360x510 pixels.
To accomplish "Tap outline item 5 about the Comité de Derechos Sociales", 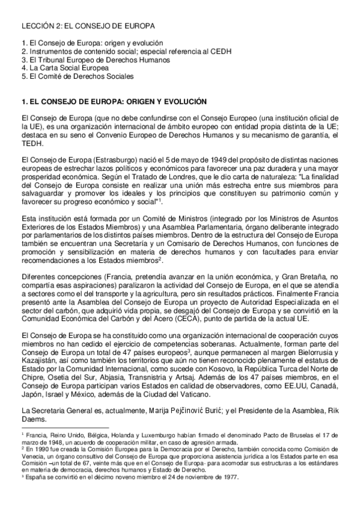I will pos(77,76).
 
